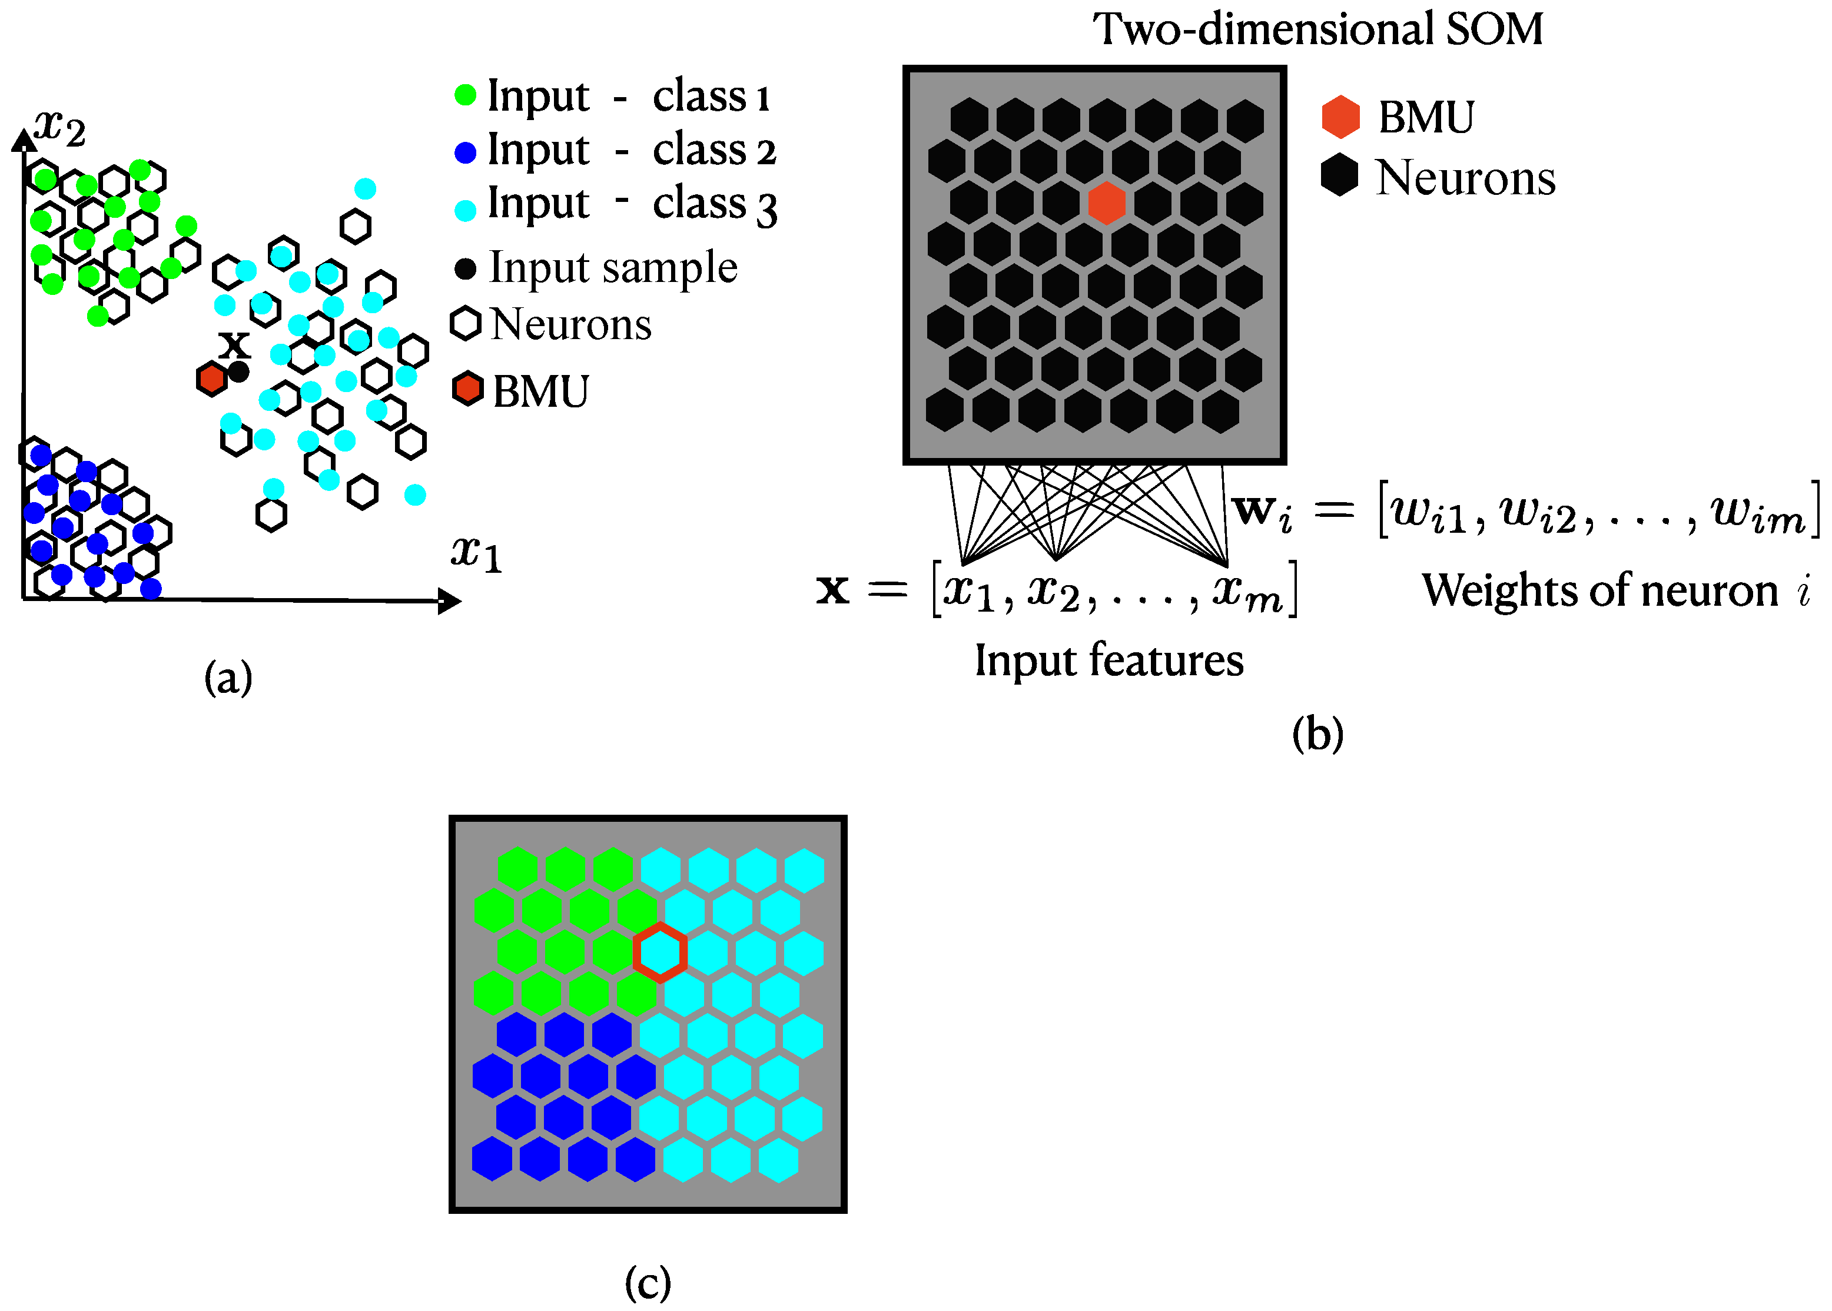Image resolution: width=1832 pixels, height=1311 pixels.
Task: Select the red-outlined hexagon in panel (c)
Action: tap(659, 952)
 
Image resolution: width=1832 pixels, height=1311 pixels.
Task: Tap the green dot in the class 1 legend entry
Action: tap(466, 94)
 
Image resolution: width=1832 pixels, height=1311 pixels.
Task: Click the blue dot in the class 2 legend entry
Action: tap(466, 152)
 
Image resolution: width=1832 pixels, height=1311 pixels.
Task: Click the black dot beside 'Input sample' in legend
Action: tap(466, 268)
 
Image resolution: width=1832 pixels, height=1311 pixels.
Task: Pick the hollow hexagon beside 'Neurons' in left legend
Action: tap(466, 324)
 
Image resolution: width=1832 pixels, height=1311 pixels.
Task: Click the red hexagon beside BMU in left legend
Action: tap(467, 389)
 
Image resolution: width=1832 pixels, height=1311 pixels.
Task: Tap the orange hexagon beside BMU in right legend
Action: tap(1340, 117)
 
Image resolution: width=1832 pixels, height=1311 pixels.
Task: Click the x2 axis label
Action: tap(59, 128)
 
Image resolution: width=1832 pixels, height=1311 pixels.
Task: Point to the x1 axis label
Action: tap(476, 554)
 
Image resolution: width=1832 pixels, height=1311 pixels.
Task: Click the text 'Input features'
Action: tap(1109, 661)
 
